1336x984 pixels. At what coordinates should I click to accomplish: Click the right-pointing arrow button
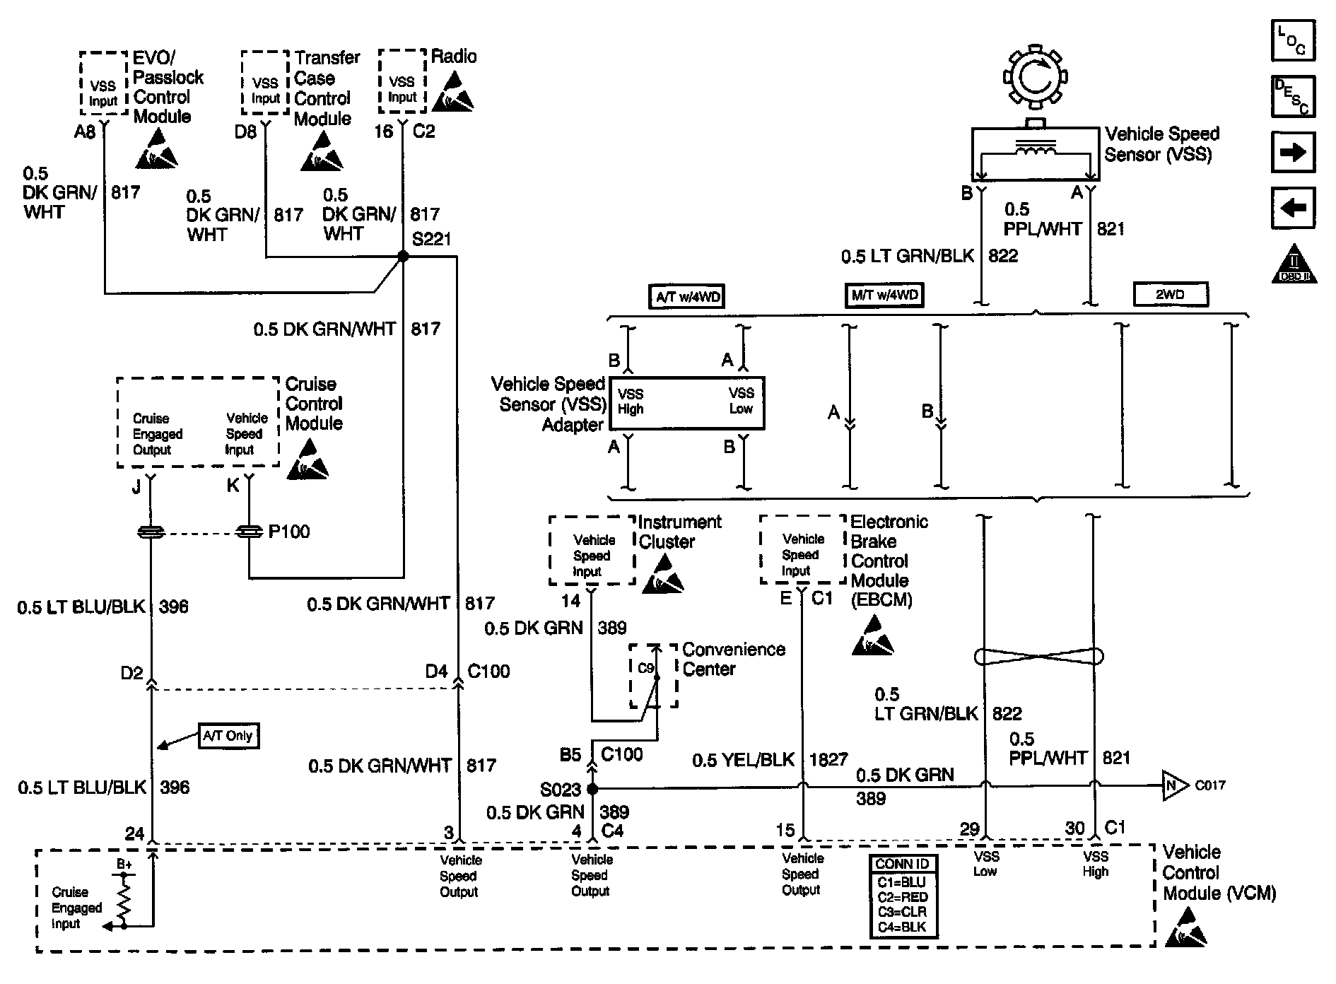(1293, 152)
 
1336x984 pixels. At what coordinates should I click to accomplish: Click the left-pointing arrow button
(1293, 208)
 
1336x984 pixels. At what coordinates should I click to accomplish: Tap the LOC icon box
(1293, 41)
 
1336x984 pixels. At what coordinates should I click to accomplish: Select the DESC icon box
(1293, 96)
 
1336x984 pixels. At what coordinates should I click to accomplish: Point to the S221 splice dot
(403, 257)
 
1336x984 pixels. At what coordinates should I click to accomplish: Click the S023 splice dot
(592, 788)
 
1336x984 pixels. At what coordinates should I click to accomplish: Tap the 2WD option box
(1170, 294)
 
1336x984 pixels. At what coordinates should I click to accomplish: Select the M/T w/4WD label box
(884, 295)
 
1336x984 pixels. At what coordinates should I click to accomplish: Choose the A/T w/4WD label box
(688, 296)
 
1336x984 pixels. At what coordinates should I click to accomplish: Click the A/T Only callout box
(228, 736)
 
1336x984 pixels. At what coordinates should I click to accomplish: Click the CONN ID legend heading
(902, 865)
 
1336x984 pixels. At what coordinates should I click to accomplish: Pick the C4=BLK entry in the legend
(902, 927)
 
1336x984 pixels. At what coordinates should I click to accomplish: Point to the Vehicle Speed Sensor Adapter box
(686, 403)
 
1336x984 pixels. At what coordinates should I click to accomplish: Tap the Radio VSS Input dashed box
(402, 81)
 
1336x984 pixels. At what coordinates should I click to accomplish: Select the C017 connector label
(1209, 785)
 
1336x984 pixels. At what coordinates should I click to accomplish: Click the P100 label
(289, 532)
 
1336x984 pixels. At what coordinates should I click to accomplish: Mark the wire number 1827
(828, 760)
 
